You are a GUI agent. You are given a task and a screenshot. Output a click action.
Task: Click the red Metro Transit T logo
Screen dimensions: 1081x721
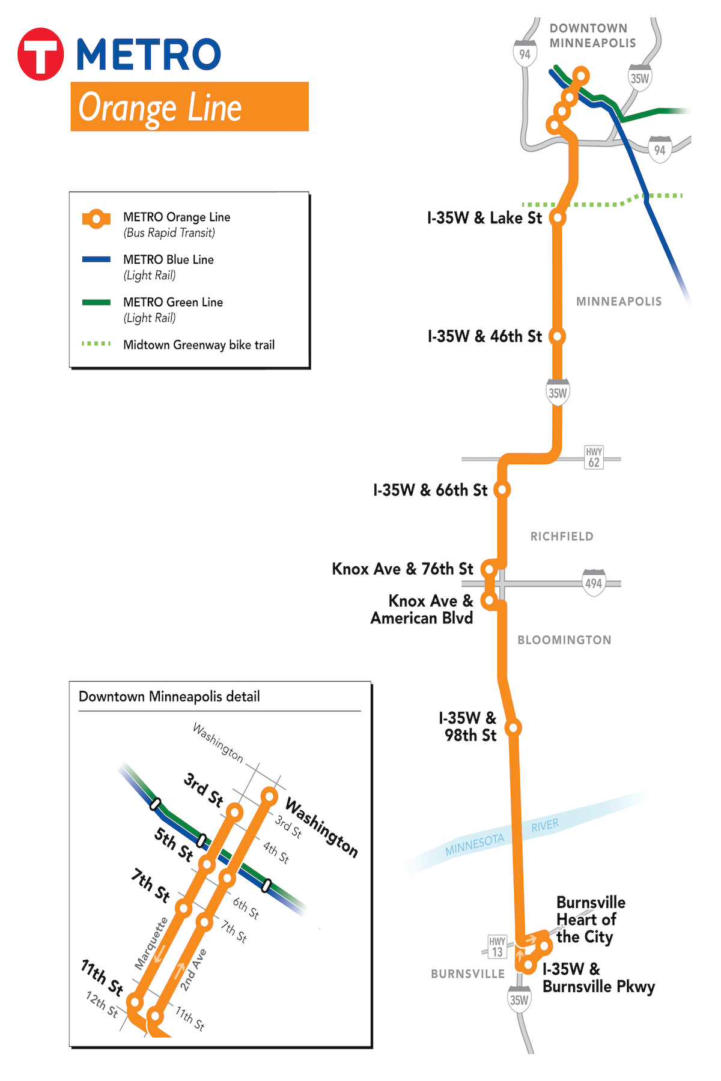click(40, 54)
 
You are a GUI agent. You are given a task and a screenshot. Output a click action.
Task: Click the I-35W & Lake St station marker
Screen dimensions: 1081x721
click(558, 217)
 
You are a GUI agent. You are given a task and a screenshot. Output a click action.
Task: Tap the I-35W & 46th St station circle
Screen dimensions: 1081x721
click(558, 336)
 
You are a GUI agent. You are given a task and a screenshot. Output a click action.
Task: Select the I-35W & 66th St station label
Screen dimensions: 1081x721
click(430, 490)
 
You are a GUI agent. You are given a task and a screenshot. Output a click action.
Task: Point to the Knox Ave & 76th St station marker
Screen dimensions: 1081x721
click(490, 568)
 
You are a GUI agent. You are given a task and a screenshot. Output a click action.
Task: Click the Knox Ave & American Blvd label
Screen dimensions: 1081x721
click(422, 610)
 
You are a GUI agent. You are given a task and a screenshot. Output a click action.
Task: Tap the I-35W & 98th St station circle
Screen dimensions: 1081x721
click(513, 728)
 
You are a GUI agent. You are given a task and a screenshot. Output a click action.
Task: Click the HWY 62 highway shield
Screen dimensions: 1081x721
click(594, 458)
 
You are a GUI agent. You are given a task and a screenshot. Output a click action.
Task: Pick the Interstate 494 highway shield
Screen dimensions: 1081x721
click(594, 583)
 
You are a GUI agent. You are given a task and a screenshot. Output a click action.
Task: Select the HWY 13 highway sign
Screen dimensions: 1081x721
click(497, 946)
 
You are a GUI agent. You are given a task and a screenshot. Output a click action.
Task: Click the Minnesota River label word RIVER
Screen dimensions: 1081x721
click(545, 826)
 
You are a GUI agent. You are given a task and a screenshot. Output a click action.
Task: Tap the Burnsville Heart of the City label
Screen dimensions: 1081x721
click(590, 919)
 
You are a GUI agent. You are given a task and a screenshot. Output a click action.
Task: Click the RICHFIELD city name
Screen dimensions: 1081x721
click(562, 536)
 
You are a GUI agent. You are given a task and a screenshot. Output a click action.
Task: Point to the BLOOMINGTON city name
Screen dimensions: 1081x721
click(564, 640)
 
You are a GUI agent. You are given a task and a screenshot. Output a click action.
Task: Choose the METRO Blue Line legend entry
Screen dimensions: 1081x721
click(168, 260)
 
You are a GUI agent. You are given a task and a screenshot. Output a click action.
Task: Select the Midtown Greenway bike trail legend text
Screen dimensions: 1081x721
click(199, 345)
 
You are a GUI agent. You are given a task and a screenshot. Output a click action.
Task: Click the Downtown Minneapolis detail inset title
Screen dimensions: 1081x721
click(169, 697)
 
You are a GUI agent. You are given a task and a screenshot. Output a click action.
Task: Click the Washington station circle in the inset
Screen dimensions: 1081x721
click(270, 797)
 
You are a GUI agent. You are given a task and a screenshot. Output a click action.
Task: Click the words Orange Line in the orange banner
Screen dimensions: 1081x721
click(160, 108)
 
